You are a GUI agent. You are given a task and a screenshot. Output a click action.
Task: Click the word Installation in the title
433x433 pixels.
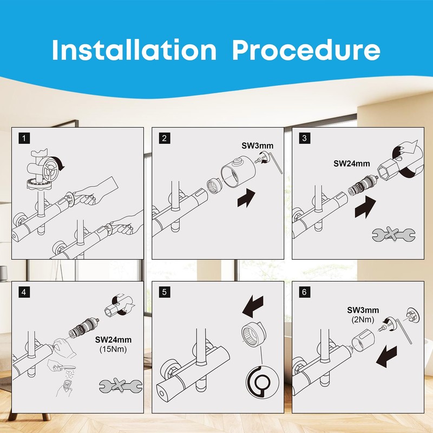tap(134, 50)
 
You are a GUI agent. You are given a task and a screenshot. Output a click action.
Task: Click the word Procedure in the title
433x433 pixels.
tap(306, 50)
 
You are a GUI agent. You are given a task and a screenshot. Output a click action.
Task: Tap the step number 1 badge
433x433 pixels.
tap(24, 138)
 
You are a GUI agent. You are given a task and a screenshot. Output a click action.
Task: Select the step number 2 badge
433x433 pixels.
tap(165, 138)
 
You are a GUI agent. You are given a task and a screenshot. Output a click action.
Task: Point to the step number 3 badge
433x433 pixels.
tap(304, 138)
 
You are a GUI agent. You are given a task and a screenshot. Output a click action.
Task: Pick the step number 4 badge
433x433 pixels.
tap(24, 292)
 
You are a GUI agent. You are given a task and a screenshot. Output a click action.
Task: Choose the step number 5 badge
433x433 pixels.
tap(165, 292)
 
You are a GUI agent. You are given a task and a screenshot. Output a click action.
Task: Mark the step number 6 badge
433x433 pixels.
tap(304, 292)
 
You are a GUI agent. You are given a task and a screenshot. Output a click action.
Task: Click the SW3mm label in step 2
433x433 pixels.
tap(258, 146)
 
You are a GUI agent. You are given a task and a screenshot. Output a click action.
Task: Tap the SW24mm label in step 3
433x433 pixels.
tap(351, 163)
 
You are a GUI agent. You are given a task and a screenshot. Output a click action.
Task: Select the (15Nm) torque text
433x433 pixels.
tap(113, 349)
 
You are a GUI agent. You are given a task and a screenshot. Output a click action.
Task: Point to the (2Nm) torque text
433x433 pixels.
tap(363, 319)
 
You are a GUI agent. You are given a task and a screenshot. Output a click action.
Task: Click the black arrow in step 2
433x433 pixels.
tap(246, 198)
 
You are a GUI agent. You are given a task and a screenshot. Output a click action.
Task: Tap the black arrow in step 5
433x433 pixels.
tap(253, 306)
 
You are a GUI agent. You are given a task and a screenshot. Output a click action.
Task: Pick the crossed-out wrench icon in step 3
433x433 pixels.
tap(393, 234)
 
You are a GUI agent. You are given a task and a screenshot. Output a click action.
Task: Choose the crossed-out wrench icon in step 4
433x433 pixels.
tap(121, 385)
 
